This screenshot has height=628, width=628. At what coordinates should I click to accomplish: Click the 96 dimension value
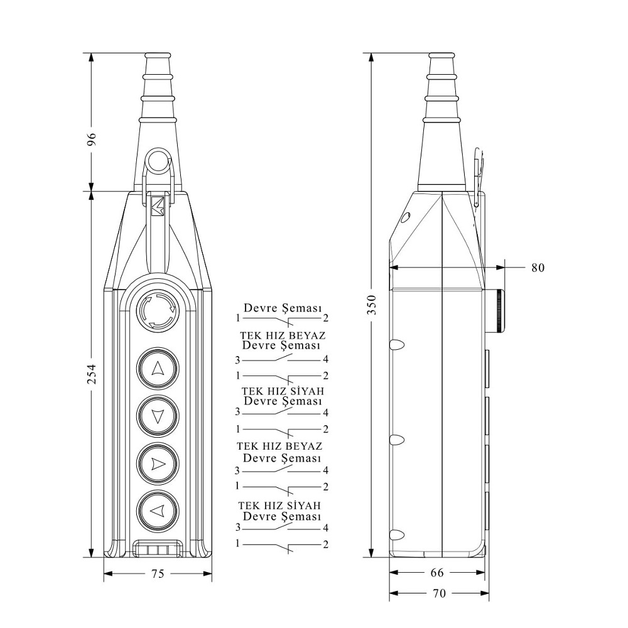tap(92, 139)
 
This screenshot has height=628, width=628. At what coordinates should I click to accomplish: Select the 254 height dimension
tap(92, 374)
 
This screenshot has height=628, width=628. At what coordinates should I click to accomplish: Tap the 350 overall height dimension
tap(372, 305)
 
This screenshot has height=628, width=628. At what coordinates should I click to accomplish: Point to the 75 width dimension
tap(158, 573)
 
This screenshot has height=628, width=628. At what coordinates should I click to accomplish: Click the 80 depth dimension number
tap(538, 268)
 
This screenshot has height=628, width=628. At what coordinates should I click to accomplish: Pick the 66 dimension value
tap(437, 572)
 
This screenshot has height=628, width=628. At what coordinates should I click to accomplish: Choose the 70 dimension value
tap(440, 593)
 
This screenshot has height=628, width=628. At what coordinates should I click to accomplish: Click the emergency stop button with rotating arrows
tap(158, 311)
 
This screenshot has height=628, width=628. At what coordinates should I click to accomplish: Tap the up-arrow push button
tap(158, 369)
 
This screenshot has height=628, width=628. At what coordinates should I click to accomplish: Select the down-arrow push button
tap(158, 416)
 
